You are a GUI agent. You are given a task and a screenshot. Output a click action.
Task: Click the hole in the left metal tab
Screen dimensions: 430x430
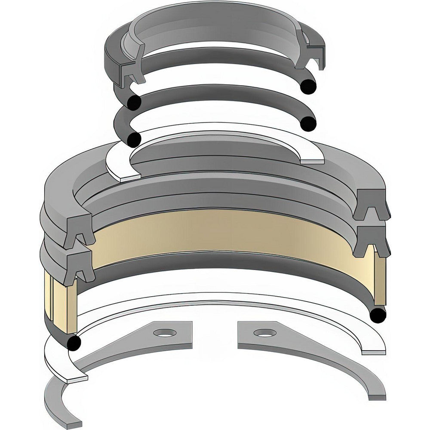[165, 333]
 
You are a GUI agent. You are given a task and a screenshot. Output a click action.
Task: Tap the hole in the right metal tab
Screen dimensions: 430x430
[264, 333]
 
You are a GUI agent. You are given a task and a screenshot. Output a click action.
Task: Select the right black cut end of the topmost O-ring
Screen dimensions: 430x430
[309, 86]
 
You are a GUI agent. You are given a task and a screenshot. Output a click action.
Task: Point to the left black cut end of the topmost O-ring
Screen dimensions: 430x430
[134, 102]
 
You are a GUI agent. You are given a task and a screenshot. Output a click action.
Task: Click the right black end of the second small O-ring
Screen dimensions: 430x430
[308, 124]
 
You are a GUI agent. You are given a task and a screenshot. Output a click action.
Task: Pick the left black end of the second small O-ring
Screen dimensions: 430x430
[134, 139]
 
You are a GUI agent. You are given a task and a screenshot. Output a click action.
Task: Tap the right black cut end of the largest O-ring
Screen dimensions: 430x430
[378, 316]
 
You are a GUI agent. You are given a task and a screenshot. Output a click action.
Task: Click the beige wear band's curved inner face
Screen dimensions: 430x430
[224, 232]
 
